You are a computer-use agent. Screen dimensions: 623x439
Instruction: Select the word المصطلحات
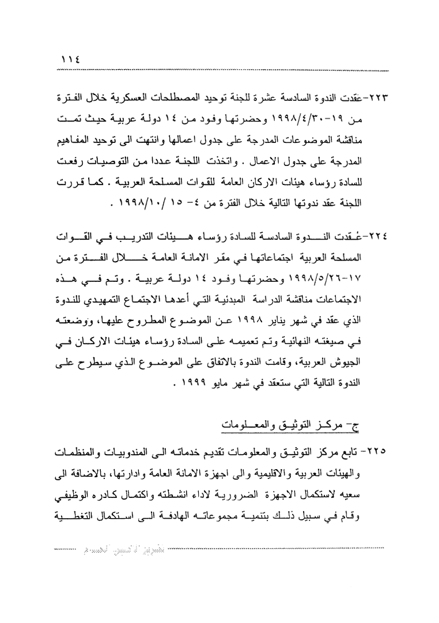click(x=211, y=96)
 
